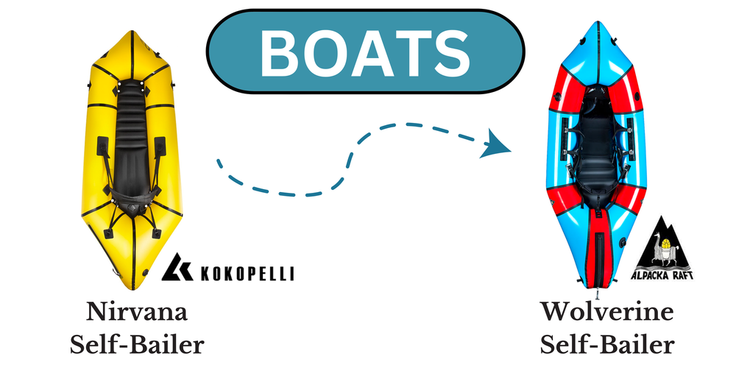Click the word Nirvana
pyautogui.click(x=138, y=311)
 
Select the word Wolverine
pyautogui.click(x=606, y=311)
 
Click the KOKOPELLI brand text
pyautogui.click(x=247, y=274)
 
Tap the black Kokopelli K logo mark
pyautogui.click(x=177, y=268)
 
